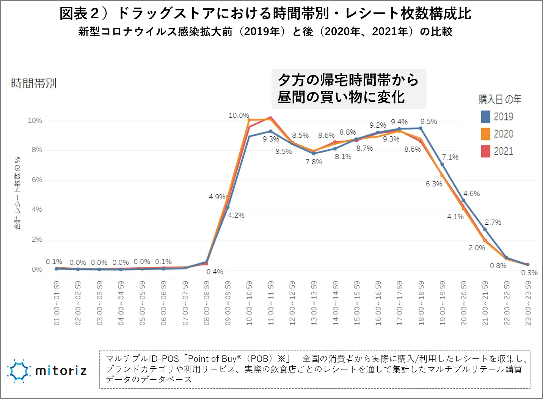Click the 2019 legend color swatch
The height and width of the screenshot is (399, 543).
(x=485, y=117)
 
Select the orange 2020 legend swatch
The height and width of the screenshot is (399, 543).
(x=485, y=134)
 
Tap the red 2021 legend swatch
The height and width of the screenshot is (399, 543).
(x=485, y=151)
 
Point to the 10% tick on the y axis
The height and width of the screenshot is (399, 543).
(x=35, y=120)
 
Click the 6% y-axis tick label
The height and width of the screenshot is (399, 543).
(x=37, y=180)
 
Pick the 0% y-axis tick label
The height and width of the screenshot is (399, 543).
(x=37, y=269)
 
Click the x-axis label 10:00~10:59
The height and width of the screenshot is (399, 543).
(x=249, y=303)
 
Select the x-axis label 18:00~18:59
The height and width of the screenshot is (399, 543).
(x=421, y=303)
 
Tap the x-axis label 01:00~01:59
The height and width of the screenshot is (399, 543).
(x=56, y=303)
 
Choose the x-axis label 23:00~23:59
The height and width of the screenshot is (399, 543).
(x=528, y=303)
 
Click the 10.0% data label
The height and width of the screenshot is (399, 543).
(x=239, y=116)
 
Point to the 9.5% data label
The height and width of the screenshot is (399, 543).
(x=428, y=122)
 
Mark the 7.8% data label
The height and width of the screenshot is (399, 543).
(x=314, y=162)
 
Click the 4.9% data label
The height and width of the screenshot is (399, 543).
(x=217, y=197)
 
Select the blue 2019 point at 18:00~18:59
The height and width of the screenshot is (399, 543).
(x=421, y=128)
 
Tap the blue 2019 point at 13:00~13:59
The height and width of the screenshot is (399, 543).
(x=314, y=153)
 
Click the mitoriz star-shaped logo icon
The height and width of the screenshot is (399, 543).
(x=19, y=371)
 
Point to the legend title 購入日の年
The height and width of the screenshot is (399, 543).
(x=500, y=99)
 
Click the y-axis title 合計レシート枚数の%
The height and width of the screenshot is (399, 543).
(x=17, y=193)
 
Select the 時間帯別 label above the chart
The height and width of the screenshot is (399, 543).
(x=34, y=83)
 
